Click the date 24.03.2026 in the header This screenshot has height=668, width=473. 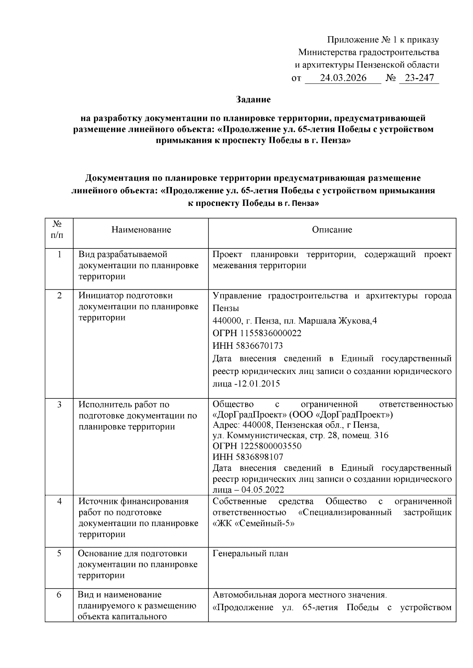(x=343, y=78)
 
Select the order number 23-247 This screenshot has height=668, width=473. (x=419, y=78)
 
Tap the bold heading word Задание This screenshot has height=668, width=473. (x=253, y=100)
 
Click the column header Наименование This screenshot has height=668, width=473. (x=141, y=229)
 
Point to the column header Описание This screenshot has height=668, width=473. (x=332, y=229)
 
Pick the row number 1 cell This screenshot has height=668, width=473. (x=59, y=255)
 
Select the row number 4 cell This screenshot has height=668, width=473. (x=59, y=501)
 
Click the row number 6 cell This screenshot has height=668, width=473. (x=59, y=595)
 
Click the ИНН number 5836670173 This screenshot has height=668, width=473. (x=259, y=346)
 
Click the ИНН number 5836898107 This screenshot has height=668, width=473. (x=259, y=457)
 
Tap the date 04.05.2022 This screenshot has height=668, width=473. (x=263, y=490)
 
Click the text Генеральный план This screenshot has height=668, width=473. (x=250, y=553)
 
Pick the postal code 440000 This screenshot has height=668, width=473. (x=226, y=321)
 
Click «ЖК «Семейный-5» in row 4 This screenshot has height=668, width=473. (x=254, y=524)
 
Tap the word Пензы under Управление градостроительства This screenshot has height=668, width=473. (x=226, y=308)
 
